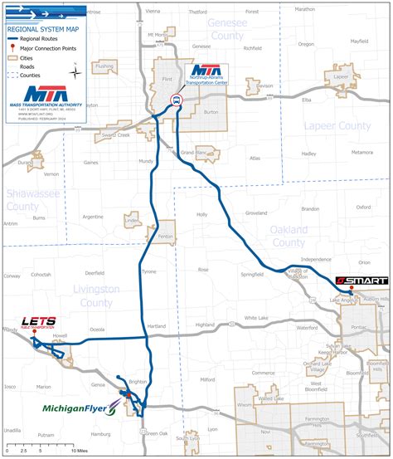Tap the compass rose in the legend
coord(76,71)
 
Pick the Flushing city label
coord(104,66)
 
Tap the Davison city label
coord(264,85)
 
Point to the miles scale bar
coord(41,447)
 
